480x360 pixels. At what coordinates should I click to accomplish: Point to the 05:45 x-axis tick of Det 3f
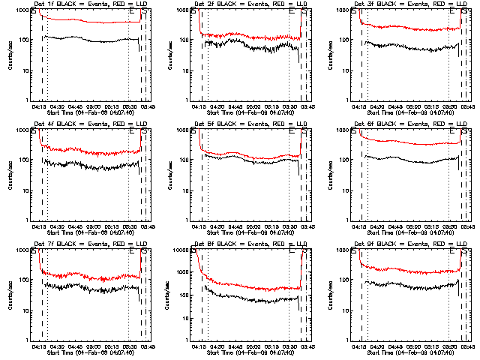tap(466, 106)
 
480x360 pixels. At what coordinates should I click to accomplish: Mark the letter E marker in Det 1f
tap(132, 11)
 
